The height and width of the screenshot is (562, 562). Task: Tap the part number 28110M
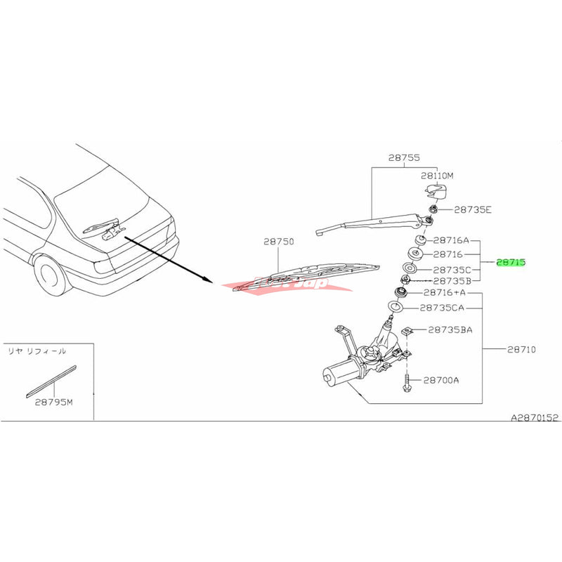coord(438,176)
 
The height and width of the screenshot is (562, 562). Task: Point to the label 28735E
coord(473,209)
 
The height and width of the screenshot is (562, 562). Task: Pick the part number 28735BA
coord(450,329)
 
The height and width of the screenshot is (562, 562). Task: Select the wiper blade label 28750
coord(278,241)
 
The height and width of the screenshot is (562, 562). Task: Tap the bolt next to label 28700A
coord(407,384)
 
